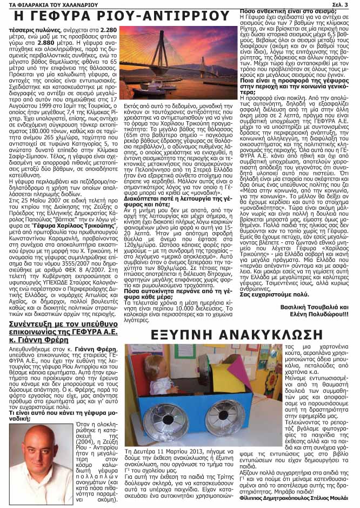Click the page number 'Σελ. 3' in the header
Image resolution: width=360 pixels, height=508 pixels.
click(x=346, y=4)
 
